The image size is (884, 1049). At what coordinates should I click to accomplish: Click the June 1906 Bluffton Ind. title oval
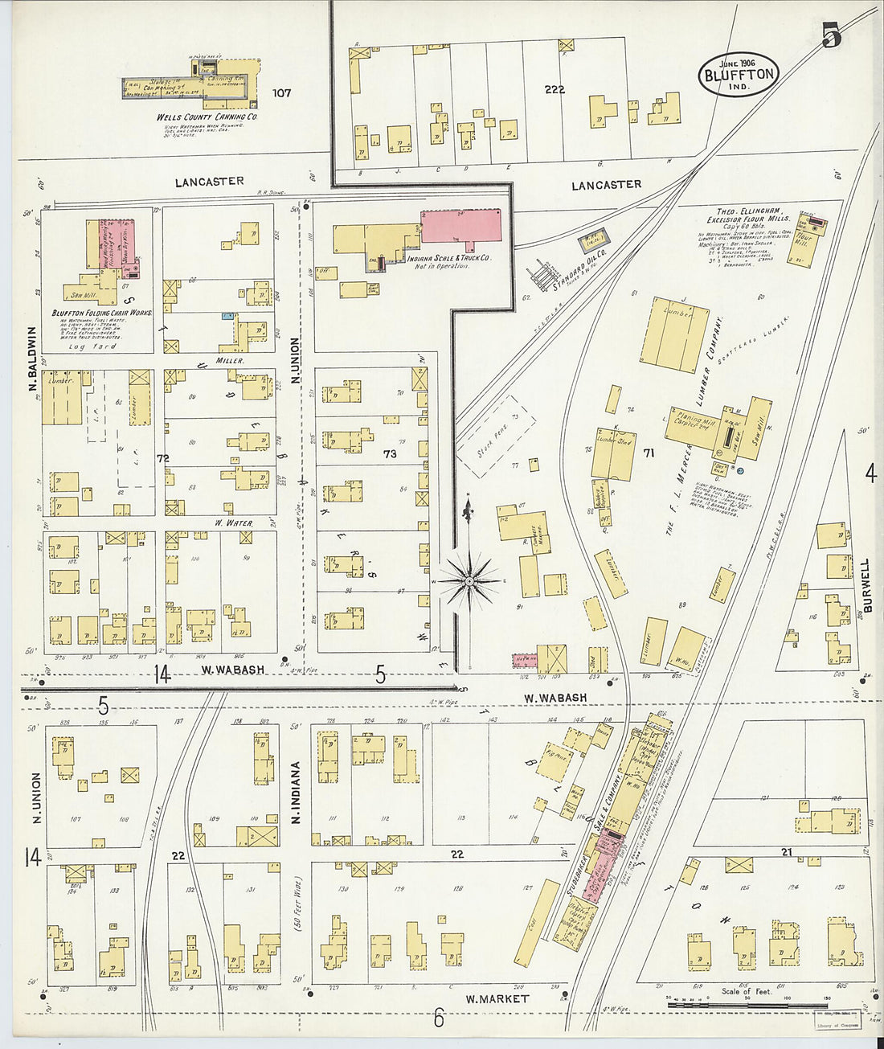[739, 74]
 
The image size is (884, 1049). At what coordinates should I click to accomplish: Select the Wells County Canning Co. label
[207, 117]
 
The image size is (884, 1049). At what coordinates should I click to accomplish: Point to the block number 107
[281, 92]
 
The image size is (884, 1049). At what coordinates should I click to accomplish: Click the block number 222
[555, 89]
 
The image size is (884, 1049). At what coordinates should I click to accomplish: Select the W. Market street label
[497, 998]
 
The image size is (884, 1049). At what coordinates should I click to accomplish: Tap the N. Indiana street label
[296, 793]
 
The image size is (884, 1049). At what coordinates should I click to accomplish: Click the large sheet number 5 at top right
[831, 35]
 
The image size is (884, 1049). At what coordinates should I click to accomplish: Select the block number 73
[390, 454]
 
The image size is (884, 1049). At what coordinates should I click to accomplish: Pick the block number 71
[649, 453]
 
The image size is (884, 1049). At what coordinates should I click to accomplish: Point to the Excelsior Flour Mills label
[747, 218]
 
